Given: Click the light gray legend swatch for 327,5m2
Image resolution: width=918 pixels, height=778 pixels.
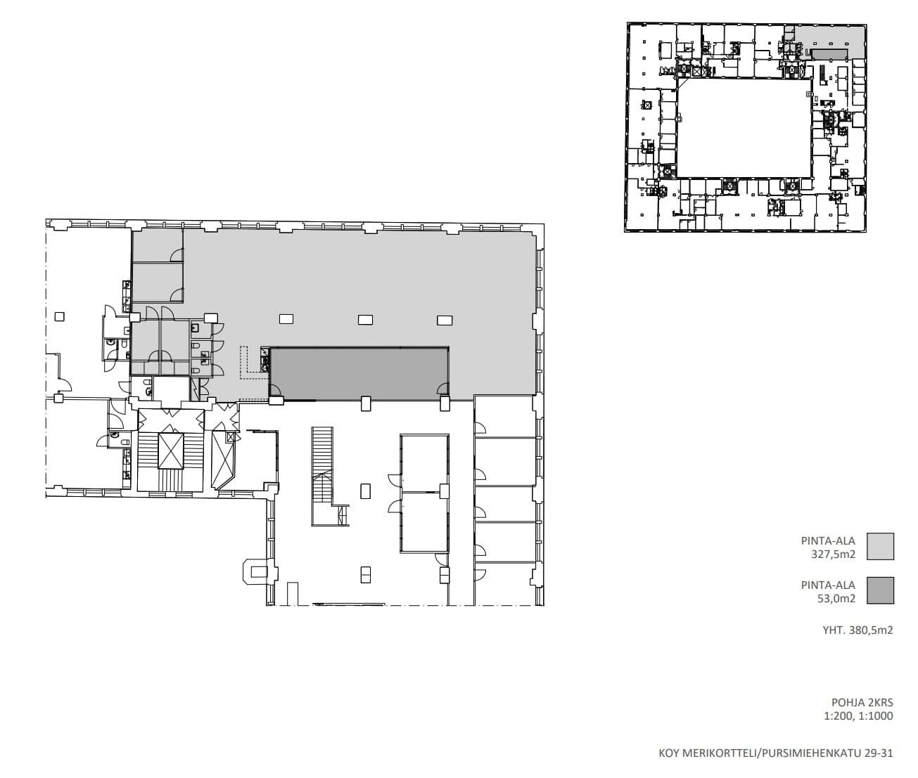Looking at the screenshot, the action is (x=880, y=546).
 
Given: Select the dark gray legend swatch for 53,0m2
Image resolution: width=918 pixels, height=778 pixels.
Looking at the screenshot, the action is (x=880, y=590).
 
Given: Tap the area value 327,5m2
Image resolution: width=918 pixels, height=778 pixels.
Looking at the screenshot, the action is (x=833, y=555).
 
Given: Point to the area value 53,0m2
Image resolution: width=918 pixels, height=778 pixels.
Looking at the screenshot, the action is (x=836, y=598).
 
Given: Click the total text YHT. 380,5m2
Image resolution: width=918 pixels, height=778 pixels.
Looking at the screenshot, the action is (x=858, y=630).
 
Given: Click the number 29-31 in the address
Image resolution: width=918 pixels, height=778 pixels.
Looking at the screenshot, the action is (x=879, y=753).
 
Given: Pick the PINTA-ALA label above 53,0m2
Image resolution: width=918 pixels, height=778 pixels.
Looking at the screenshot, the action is (x=828, y=585).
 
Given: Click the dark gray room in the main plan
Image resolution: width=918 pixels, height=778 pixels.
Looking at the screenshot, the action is (x=359, y=374).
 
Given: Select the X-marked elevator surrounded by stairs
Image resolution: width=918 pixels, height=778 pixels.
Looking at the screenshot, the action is (x=170, y=451).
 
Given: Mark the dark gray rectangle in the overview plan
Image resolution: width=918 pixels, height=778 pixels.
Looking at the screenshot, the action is (x=829, y=53).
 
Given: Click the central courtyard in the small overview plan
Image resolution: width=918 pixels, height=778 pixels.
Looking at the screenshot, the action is (x=744, y=129).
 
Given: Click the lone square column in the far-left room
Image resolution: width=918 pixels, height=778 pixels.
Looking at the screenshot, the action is (x=60, y=317).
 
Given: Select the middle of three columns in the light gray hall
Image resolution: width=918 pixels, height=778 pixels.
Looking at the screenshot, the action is (x=366, y=320).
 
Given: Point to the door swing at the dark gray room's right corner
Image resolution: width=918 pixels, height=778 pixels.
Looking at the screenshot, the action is (x=442, y=389).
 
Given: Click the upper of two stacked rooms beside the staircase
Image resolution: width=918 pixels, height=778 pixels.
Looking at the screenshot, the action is (x=424, y=463).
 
